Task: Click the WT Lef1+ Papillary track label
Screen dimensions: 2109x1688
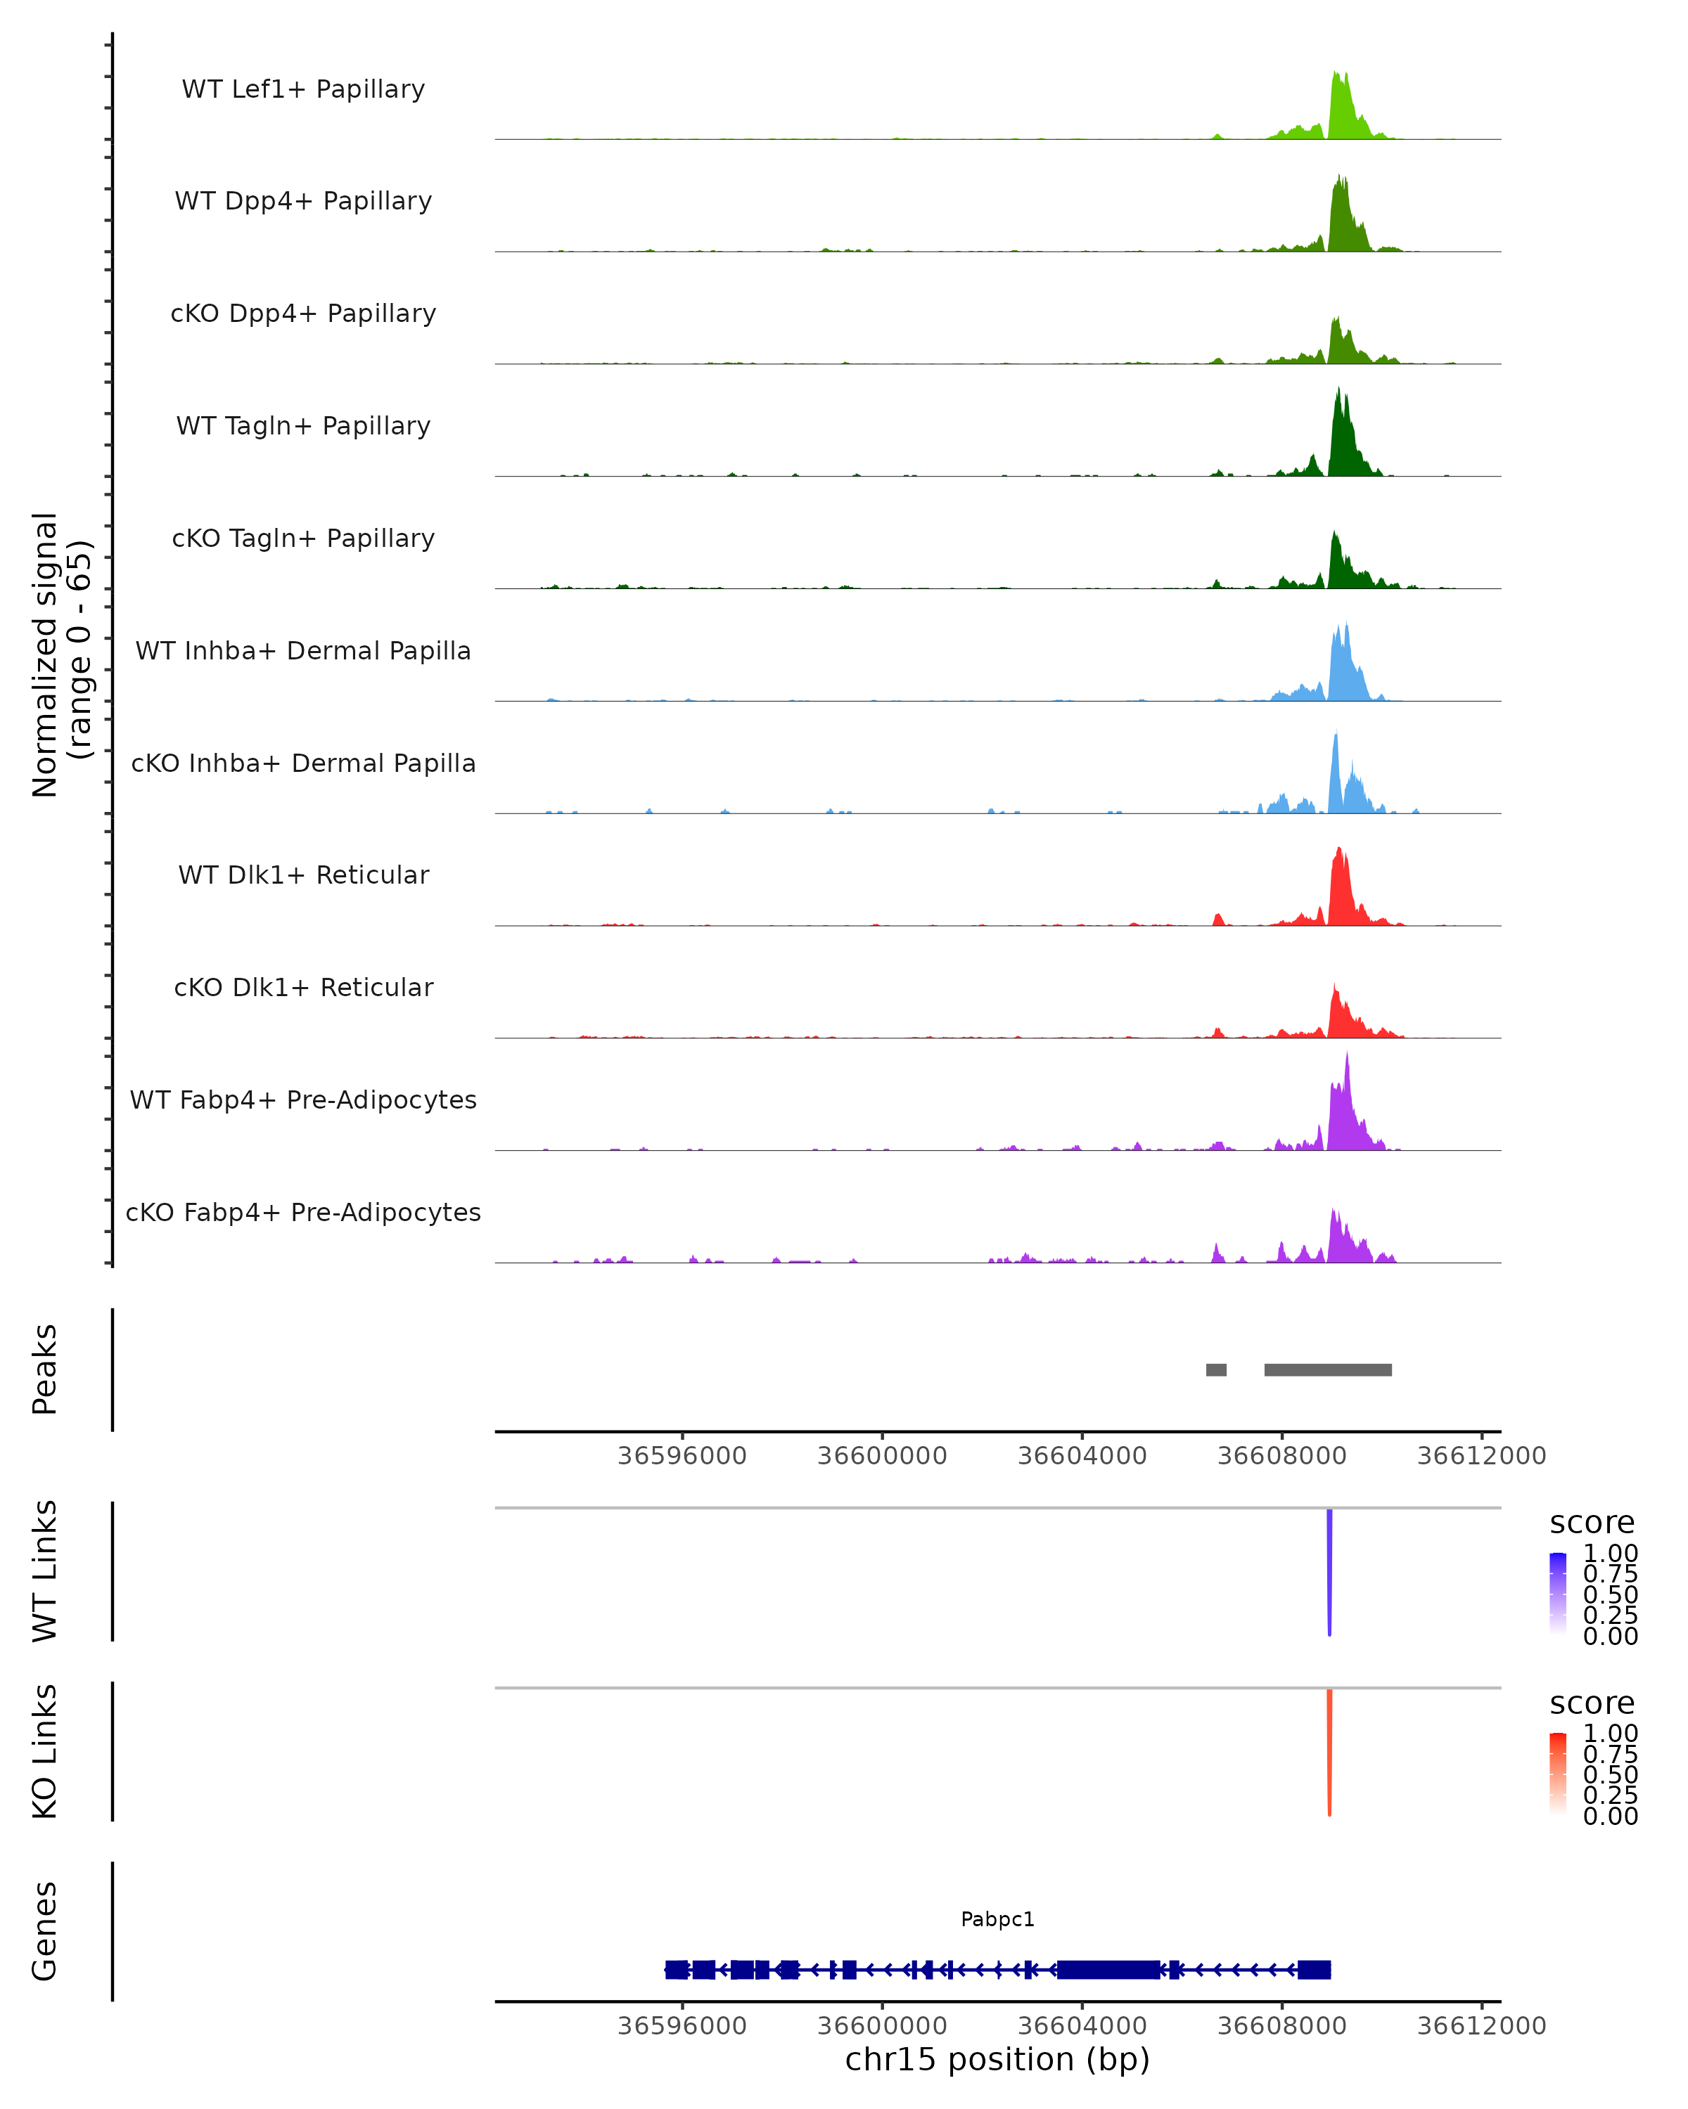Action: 303,89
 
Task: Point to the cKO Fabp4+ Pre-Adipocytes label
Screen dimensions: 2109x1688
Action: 303,1212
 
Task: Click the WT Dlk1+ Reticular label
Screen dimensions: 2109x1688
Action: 303,875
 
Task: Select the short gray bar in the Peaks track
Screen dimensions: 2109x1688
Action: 1215,1369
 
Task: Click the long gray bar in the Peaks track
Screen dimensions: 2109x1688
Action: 1327,1369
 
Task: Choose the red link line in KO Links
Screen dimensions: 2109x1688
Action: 1329,1751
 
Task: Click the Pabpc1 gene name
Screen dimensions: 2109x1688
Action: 997,1919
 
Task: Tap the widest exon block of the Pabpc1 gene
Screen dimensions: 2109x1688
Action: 1108,1970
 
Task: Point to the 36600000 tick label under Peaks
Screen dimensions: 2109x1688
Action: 882,1456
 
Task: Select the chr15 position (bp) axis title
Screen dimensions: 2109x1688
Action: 997,2060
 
